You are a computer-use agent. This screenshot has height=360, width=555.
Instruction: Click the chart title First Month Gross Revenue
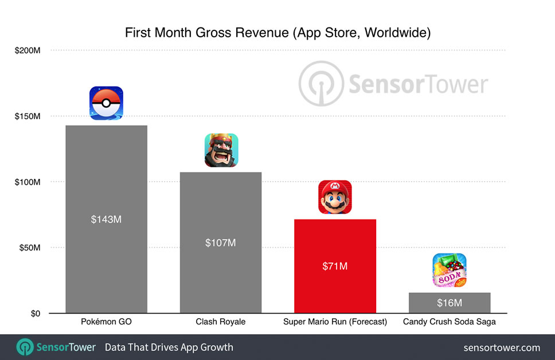(277, 33)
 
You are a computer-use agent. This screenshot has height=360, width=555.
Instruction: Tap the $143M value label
(106, 220)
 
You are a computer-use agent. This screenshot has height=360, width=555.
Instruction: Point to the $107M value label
(221, 242)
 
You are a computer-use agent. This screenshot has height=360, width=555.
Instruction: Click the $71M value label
(335, 266)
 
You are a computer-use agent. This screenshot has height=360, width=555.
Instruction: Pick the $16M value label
(449, 303)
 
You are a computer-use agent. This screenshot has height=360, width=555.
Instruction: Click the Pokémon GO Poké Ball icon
(106, 103)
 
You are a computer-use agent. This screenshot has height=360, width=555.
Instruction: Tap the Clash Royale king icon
(221, 150)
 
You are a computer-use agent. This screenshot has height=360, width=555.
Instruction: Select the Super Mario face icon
(335, 197)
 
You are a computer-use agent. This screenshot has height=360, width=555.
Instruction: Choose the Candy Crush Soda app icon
(449, 271)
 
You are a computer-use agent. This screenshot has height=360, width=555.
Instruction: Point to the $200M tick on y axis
(28, 50)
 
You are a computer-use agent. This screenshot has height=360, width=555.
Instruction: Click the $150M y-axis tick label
(28, 116)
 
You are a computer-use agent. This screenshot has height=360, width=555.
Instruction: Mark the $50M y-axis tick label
(29, 248)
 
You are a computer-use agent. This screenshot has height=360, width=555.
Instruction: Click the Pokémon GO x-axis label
(106, 322)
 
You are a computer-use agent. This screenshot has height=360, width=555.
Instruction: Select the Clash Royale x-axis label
(221, 322)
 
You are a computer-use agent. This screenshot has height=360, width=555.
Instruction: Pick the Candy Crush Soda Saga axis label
(449, 322)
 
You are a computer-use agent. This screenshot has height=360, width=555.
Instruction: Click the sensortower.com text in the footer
(502, 347)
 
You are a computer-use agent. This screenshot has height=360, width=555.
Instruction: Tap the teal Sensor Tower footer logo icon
(24, 347)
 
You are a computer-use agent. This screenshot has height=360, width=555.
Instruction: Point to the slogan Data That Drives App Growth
(169, 347)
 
